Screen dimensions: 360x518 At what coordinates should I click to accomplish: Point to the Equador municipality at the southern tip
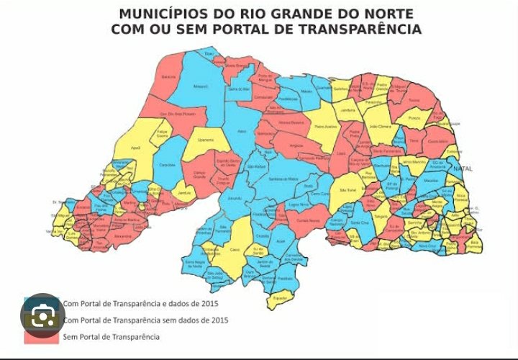(x=281, y=297)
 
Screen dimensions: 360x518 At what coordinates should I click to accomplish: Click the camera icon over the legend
(x=42, y=315)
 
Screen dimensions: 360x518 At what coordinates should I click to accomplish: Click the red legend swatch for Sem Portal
(x=42, y=336)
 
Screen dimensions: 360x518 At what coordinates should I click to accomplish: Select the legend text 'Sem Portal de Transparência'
(x=111, y=336)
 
